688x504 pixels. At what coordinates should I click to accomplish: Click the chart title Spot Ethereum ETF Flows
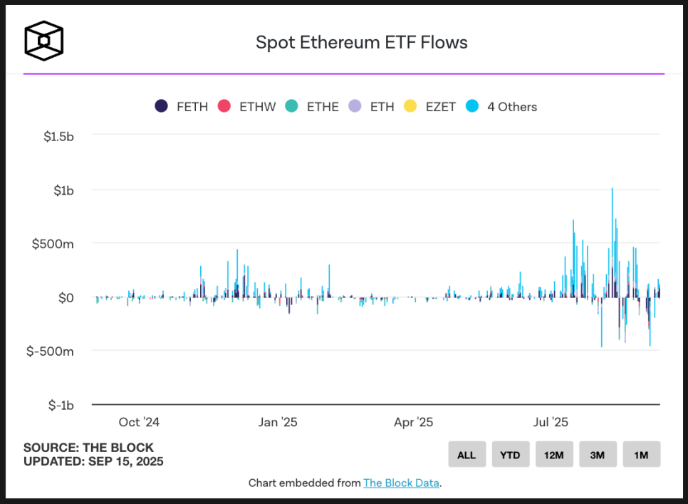click(x=361, y=43)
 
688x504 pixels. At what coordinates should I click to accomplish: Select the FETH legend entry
click(x=182, y=107)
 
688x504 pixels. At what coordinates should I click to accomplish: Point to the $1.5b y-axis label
click(x=58, y=136)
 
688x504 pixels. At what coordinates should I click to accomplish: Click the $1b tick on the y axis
click(x=63, y=190)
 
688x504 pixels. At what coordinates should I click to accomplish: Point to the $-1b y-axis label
click(x=61, y=405)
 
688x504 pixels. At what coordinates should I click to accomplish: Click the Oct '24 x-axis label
click(x=139, y=422)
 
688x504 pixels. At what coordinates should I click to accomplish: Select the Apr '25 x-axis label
click(x=413, y=422)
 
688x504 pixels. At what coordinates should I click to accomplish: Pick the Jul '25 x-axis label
click(x=550, y=422)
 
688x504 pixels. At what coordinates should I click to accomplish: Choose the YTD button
click(x=510, y=455)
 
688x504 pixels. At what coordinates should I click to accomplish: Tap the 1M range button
click(x=641, y=455)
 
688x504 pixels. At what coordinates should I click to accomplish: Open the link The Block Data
click(x=401, y=483)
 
